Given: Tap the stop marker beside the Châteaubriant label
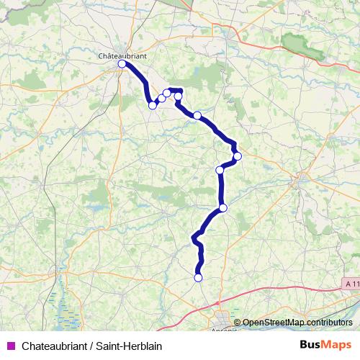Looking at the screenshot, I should point(122,64).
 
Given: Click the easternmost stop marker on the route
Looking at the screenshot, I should point(237,156).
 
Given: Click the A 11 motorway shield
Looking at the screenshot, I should point(351,285).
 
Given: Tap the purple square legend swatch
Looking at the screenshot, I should point(10,345).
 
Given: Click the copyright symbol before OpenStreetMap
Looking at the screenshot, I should point(238,322).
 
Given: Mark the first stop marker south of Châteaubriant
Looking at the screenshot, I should point(153,105).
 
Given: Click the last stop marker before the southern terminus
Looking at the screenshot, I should point(223,208).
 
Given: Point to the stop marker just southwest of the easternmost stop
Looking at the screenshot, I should point(220,170).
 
